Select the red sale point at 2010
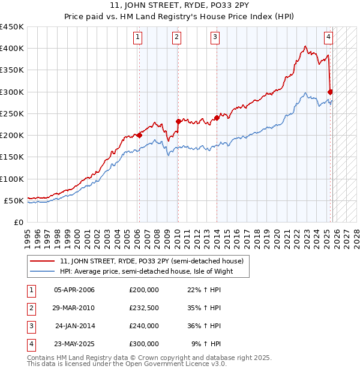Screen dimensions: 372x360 178,121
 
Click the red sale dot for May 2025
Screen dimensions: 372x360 331,92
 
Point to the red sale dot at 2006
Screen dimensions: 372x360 139,135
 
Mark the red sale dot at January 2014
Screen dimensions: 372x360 217,118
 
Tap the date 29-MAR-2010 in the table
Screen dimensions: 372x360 74,308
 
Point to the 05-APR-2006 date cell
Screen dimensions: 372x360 74,290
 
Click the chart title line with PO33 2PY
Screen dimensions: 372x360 180,7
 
